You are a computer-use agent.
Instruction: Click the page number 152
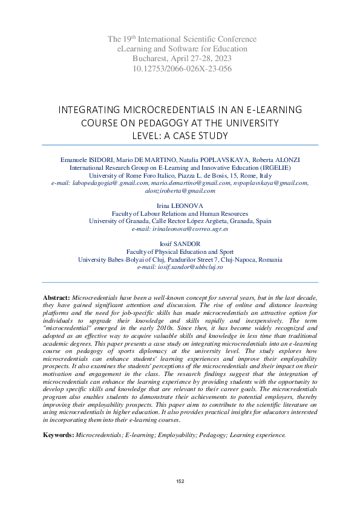coord(180,481)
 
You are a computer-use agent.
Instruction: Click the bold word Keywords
coord(58,435)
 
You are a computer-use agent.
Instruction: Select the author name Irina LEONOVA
coord(180,206)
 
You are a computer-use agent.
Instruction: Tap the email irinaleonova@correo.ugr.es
coord(180,230)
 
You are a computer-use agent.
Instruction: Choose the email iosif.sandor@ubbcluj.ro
coord(180,267)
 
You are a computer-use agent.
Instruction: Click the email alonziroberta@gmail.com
coord(180,190)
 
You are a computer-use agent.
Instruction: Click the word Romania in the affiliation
coord(269,259)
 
